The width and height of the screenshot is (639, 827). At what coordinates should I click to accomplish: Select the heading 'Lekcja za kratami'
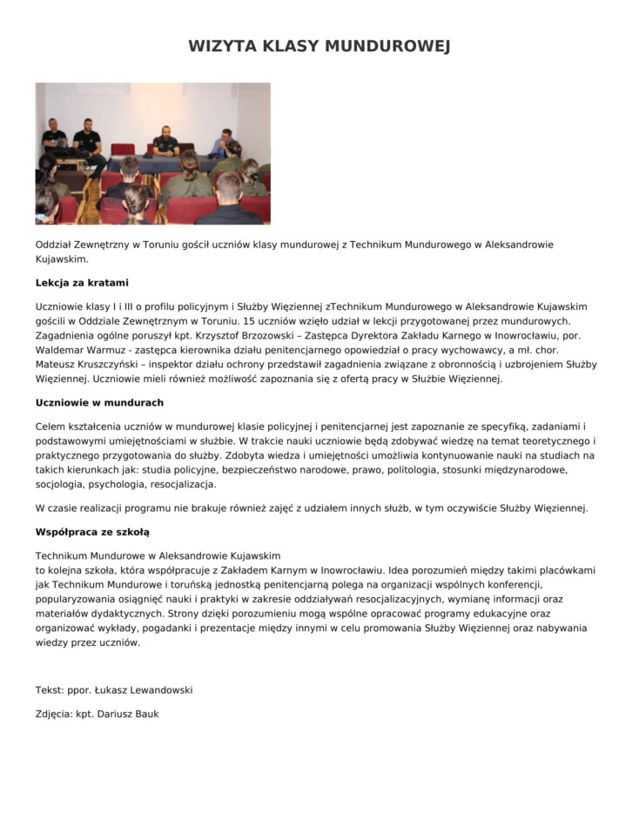(x=82, y=283)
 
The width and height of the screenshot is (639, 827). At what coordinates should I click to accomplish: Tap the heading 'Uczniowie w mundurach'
(x=99, y=403)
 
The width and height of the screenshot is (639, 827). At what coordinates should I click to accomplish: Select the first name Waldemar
(x=60, y=350)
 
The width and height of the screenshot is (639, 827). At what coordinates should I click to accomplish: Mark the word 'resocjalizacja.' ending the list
(x=183, y=485)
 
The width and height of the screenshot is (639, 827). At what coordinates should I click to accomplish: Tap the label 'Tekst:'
(x=50, y=690)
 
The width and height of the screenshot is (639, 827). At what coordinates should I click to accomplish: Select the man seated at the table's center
(x=165, y=142)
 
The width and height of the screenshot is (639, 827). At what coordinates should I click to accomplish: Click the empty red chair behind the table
(x=123, y=149)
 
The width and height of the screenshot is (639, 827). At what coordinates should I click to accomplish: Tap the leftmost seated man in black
(x=54, y=137)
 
